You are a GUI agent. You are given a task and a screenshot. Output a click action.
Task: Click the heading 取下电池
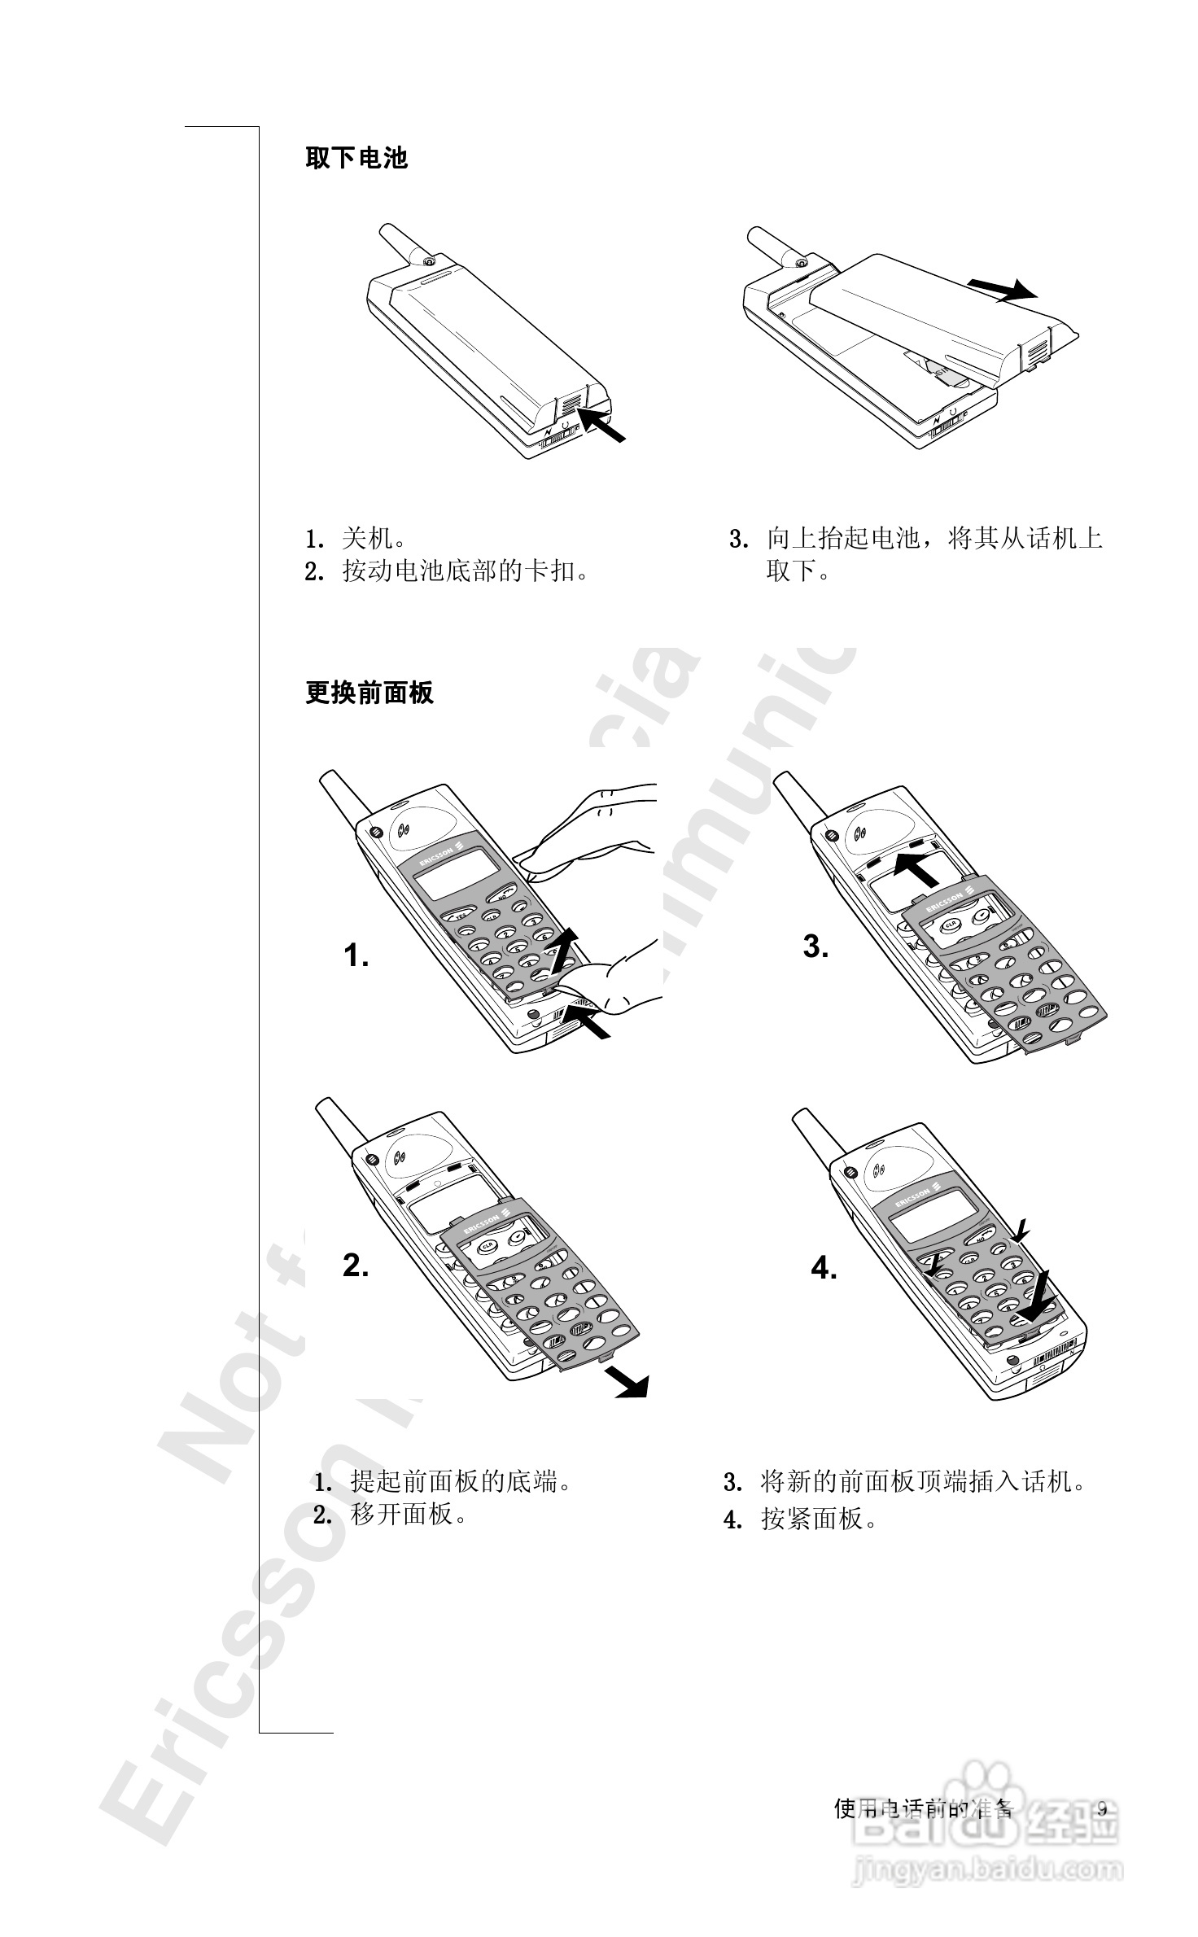pyautogui.click(x=356, y=157)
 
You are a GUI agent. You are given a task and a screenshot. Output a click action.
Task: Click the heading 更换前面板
pyautogui.click(x=369, y=693)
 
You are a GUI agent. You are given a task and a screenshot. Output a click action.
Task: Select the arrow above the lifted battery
pyautogui.click(x=1002, y=288)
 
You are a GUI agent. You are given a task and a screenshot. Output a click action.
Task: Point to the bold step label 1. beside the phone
pyautogui.click(x=356, y=955)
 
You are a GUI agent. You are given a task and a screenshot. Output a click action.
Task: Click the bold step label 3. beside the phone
pyautogui.click(x=816, y=947)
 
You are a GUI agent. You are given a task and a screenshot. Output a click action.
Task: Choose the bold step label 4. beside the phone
pyautogui.click(x=824, y=1268)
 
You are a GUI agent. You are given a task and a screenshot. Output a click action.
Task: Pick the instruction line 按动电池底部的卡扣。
pyautogui.click(x=465, y=571)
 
